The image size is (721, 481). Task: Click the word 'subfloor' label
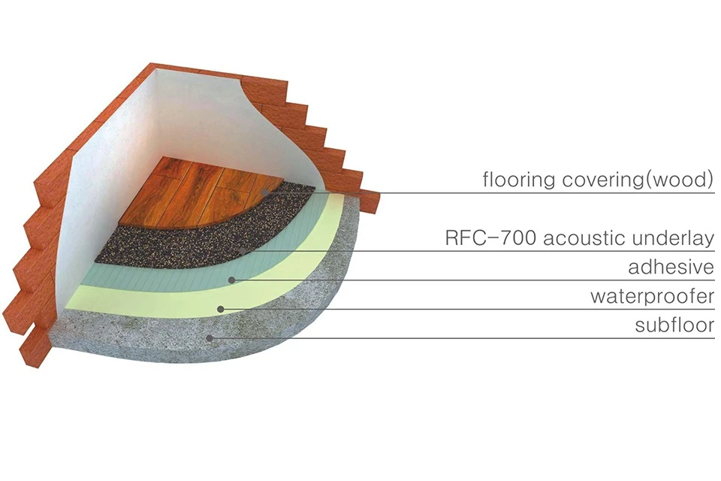pyautogui.click(x=674, y=325)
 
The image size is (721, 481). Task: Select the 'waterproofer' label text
pyautogui.click(x=651, y=297)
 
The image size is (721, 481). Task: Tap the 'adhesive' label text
pyautogui.click(x=671, y=268)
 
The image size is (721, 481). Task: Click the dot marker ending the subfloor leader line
pyautogui.click(x=211, y=337)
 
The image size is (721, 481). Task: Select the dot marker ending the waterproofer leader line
pyautogui.click(x=220, y=308)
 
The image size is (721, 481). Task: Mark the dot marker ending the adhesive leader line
pyautogui.click(x=232, y=280)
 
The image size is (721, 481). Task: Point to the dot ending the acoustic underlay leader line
pyautogui.click(x=242, y=251)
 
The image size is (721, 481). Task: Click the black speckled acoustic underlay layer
pyautogui.click(x=188, y=239)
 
